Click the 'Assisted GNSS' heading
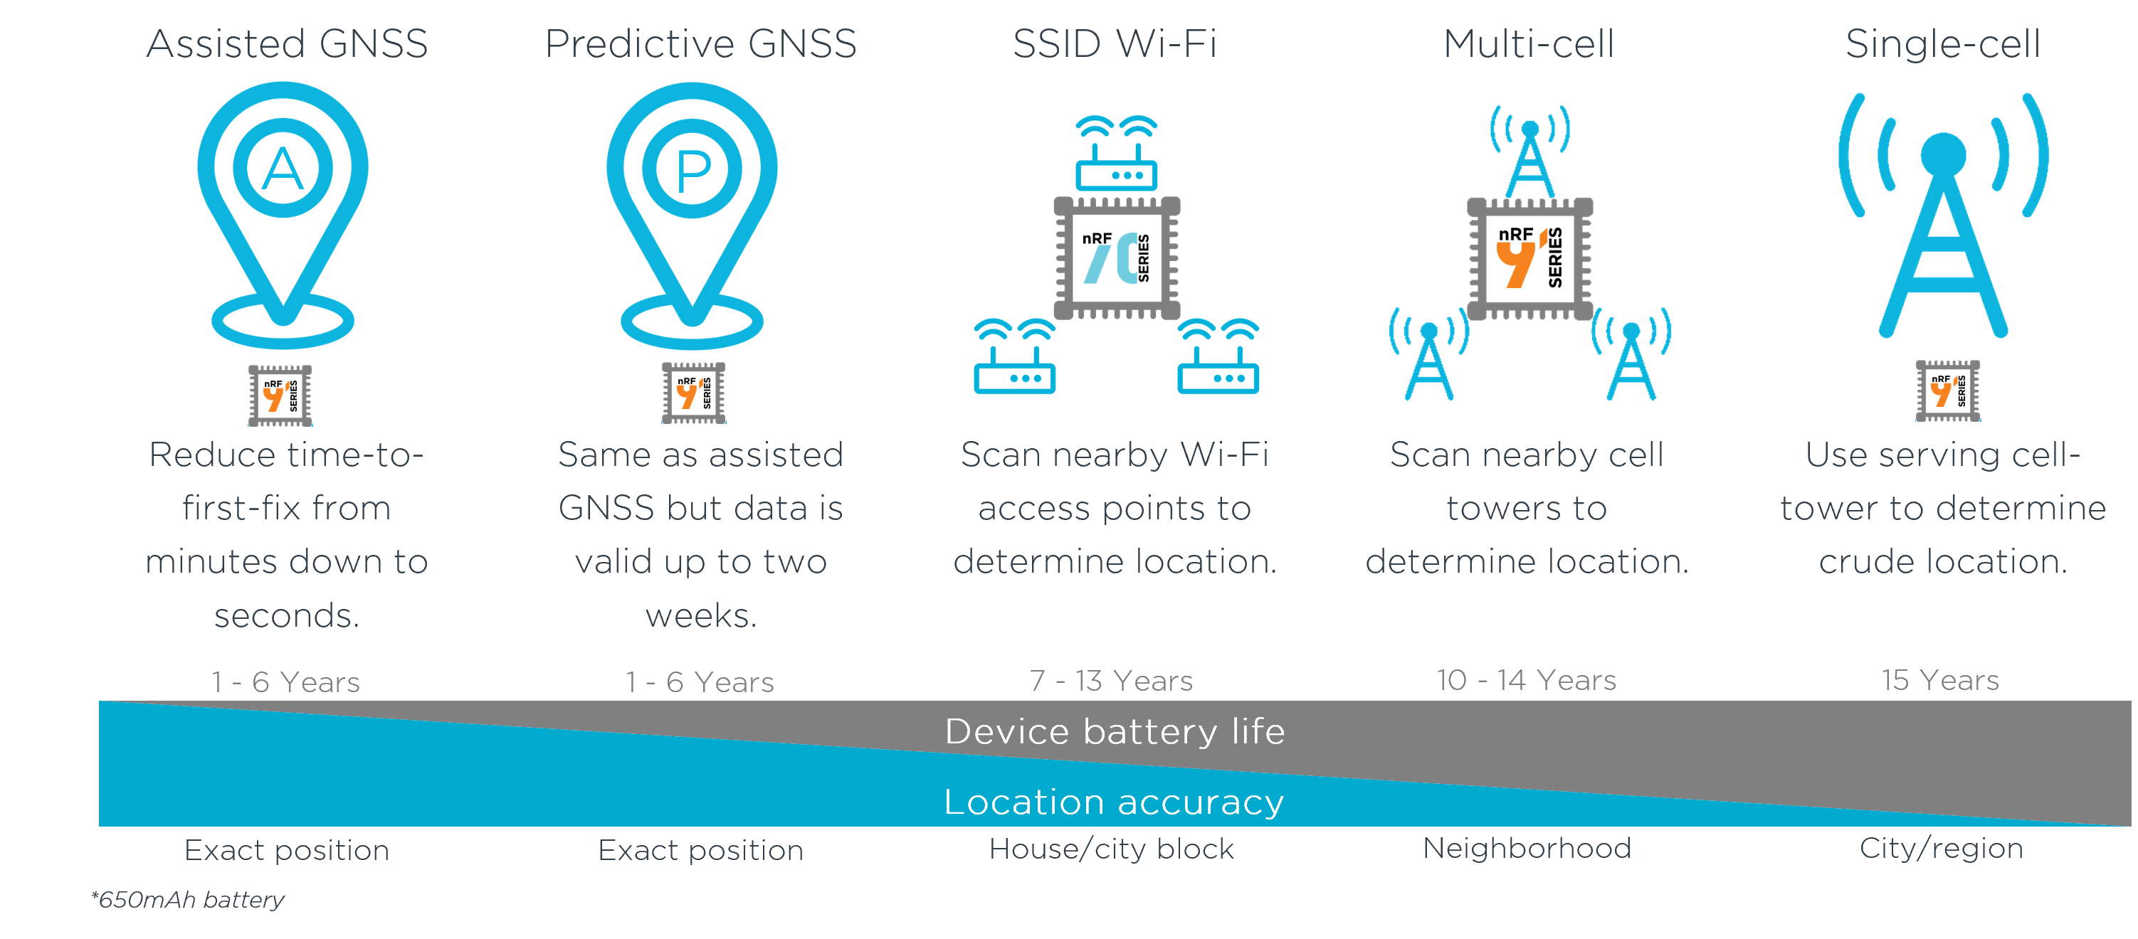[287, 44]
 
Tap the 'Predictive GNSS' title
[700, 44]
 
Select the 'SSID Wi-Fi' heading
[1115, 44]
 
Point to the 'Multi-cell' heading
[1529, 44]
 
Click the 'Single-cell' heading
[1942, 44]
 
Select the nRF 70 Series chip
[1116, 258]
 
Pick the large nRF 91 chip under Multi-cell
[1529, 258]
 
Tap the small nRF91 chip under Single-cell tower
[1947, 391]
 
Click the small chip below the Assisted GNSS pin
[280, 396]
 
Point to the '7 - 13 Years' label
[1111, 681]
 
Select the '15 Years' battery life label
[1940, 680]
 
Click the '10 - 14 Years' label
[1527, 680]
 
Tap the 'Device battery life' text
[1115, 731]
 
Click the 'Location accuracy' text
[1114, 802]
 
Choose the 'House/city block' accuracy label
[1111, 849]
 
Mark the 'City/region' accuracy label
[1940, 848]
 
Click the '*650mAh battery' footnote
[188, 899]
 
